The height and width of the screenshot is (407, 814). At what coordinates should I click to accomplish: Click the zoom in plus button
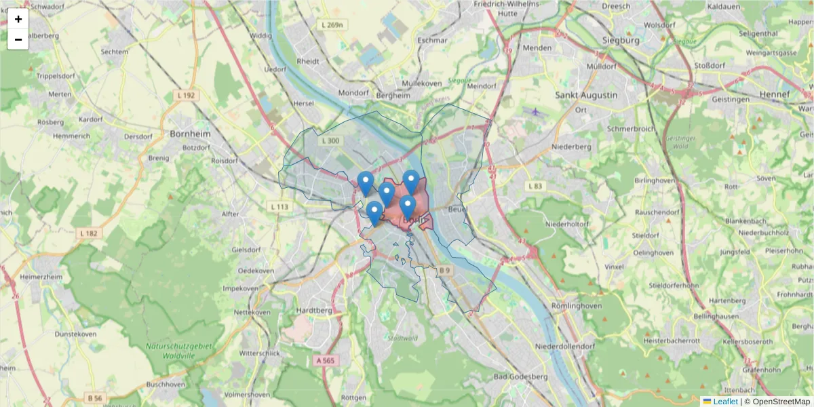coord(18,19)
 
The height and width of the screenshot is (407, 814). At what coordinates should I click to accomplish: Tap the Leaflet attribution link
coord(725,402)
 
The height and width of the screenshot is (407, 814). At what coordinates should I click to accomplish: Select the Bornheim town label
coord(191,134)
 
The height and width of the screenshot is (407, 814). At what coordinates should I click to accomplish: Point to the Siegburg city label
coord(621,41)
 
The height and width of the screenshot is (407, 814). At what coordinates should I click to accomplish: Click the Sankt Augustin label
coord(587,95)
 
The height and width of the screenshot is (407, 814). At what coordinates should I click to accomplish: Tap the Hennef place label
coord(775,94)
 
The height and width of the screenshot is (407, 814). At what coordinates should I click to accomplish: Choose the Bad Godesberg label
coord(520,376)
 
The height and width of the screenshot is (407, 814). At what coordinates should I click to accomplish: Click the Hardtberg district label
coord(314,311)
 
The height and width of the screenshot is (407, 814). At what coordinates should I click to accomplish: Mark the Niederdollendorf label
coord(565,346)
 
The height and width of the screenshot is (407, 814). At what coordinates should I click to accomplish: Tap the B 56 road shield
coord(94,398)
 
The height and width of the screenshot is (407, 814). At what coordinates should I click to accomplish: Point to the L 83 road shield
coord(535,186)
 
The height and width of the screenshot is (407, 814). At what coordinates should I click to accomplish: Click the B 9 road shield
coord(444,271)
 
